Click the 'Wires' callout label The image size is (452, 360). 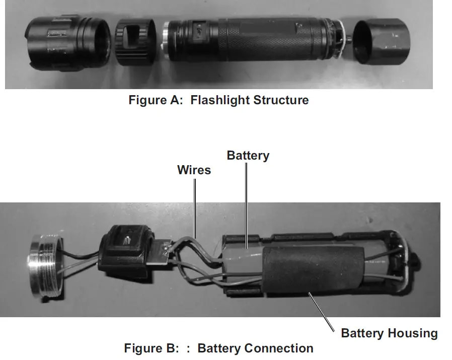point(194,170)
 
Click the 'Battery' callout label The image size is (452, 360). point(248,156)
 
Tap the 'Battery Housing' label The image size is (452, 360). point(389,333)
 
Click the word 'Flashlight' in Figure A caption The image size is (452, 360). point(220,100)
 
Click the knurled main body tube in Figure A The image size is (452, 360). point(252,39)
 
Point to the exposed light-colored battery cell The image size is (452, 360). point(242,256)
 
